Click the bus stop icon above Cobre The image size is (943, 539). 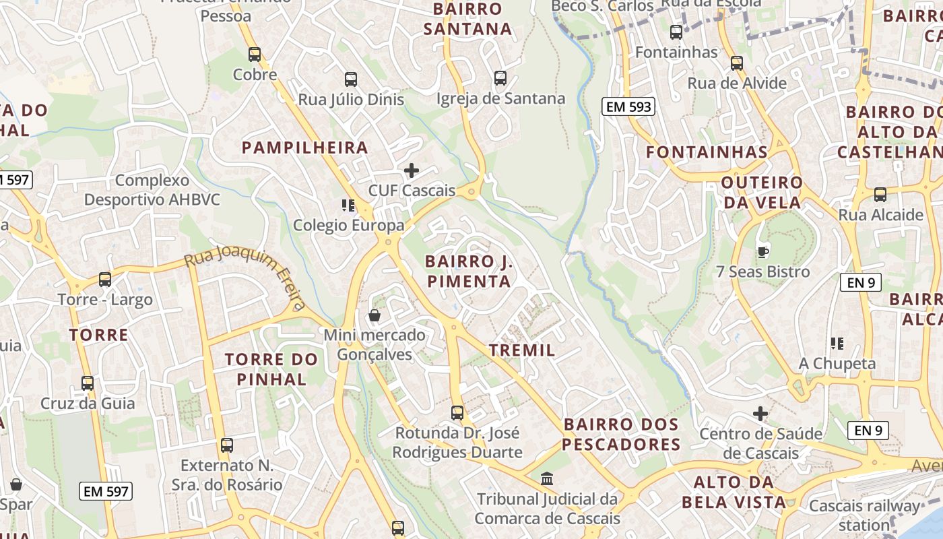pyautogui.click(x=255, y=55)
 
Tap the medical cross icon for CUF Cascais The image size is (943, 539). pyautogui.click(x=411, y=170)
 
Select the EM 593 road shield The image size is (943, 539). pyautogui.click(x=628, y=106)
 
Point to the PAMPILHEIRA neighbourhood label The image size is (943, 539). pyautogui.click(x=305, y=148)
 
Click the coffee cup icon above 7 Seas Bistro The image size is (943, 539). pyautogui.click(x=762, y=252)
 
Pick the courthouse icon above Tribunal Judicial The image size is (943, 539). pyautogui.click(x=548, y=479)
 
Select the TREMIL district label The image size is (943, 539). pyautogui.click(x=523, y=350)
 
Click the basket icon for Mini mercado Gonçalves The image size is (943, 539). pyautogui.click(x=375, y=315)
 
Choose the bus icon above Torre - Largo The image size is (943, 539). pyautogui.click(x=105, y=279)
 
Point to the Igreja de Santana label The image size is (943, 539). pyautogui.click(x=500, y=99)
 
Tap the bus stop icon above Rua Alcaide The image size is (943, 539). pyautogui.click(x=880, y=195)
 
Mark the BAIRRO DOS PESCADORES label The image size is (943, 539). pyautogui.click(x=622, y=435)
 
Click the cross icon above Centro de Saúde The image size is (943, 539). pyautogui.click(x=760, y=413)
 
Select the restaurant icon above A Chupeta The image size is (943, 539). pyautogui.click(x=837, y=344)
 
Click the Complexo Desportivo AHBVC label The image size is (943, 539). pyautogui.click(x=152, y=190)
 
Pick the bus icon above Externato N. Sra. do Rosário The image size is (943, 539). pyautogui.click(x=227, y=445)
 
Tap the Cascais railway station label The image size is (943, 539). pyautogui.click(x=864, y=515)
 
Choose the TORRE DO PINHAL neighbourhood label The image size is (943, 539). pyautogui.click(x=271, y=369)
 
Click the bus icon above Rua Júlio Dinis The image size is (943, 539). pyautogui.click(x=351, y=80)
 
